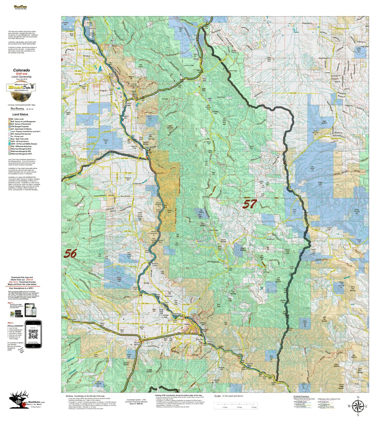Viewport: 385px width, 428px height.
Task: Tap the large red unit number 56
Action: tap(70, 253)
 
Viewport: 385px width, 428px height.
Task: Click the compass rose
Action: tap(357, 406)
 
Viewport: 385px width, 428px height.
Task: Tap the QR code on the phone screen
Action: tap(33, 334)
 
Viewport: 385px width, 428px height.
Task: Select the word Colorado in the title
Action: tap(21, 70)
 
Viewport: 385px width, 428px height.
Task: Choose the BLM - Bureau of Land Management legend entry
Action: tap(23, 121)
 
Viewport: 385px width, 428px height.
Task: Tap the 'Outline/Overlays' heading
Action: tap(301, 396)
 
